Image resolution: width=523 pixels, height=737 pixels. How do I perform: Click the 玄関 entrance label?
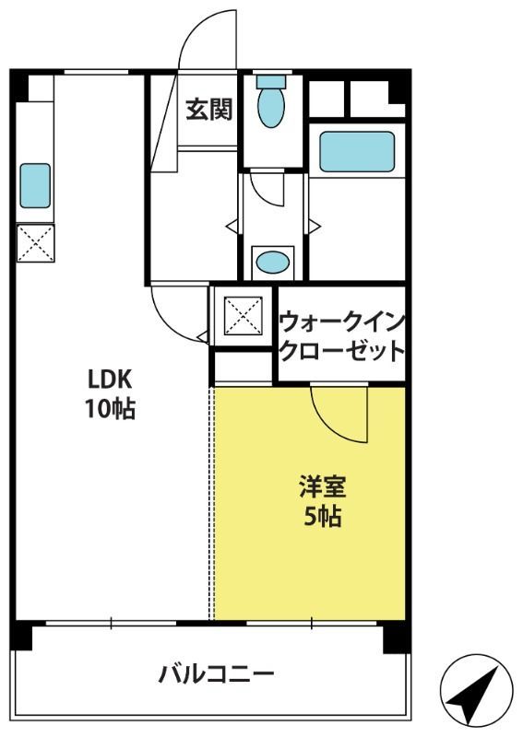pos(209,110)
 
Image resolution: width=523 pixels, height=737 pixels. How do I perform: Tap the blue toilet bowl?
pos(270,107)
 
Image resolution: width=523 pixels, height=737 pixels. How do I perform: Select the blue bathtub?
pos(357,151)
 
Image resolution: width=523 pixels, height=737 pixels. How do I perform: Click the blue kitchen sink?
pos(35,186)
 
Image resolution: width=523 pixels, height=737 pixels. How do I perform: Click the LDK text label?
pos(110,379)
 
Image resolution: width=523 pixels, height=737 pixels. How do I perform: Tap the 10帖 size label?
pos(110,408)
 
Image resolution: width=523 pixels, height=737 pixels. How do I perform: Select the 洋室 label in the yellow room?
pos(323,487)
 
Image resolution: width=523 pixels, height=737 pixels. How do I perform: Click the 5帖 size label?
pos(323,516)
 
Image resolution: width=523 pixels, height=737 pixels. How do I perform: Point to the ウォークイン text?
pos(342,322)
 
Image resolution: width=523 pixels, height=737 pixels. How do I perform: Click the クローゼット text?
pos(342,350)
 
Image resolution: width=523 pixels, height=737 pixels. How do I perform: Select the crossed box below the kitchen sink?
pos(36,242)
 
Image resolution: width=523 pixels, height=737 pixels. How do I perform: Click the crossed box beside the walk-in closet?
pos(243,316)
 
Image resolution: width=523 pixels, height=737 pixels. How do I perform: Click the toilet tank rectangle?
pos(271,81)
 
